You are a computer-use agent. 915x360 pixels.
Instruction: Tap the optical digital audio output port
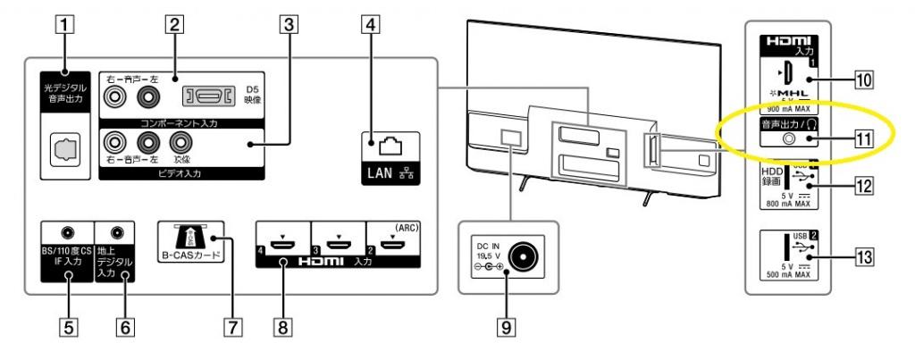(x=67, y=145)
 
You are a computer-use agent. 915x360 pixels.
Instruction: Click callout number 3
(x=288, y=25)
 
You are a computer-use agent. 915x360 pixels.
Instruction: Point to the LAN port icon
(x=386, y=143)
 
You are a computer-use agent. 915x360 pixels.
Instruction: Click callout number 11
(x=862, y=138)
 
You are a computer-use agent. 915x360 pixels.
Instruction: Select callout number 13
(x=862, y=259)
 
